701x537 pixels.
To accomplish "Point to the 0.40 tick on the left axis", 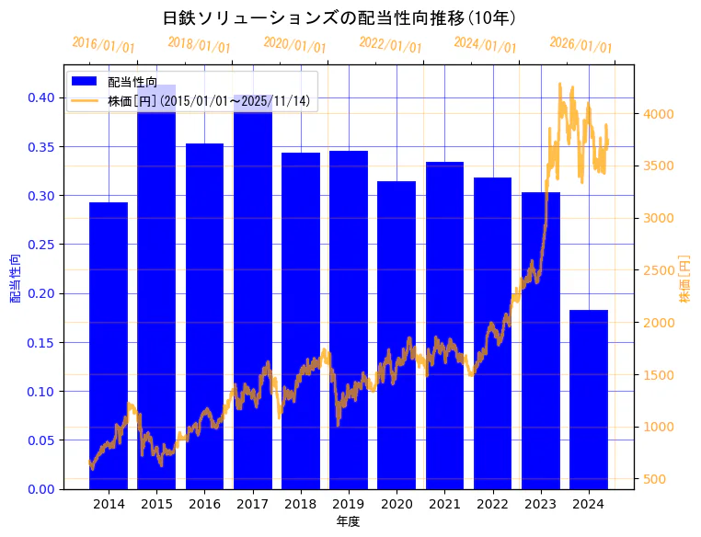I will coord(43,98).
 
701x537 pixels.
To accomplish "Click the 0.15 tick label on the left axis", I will coord(43,343).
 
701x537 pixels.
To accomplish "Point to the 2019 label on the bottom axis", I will coord(349,504).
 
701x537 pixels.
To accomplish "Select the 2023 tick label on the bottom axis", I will coord(541,504).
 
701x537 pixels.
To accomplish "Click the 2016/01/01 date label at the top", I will coord(103,45).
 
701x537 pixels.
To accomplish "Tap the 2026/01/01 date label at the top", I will coord(580,45).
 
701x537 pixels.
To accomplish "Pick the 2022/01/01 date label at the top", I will coord(390,45).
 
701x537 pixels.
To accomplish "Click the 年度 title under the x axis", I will coord(348,521).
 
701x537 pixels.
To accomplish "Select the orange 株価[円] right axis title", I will coord(684,280).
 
